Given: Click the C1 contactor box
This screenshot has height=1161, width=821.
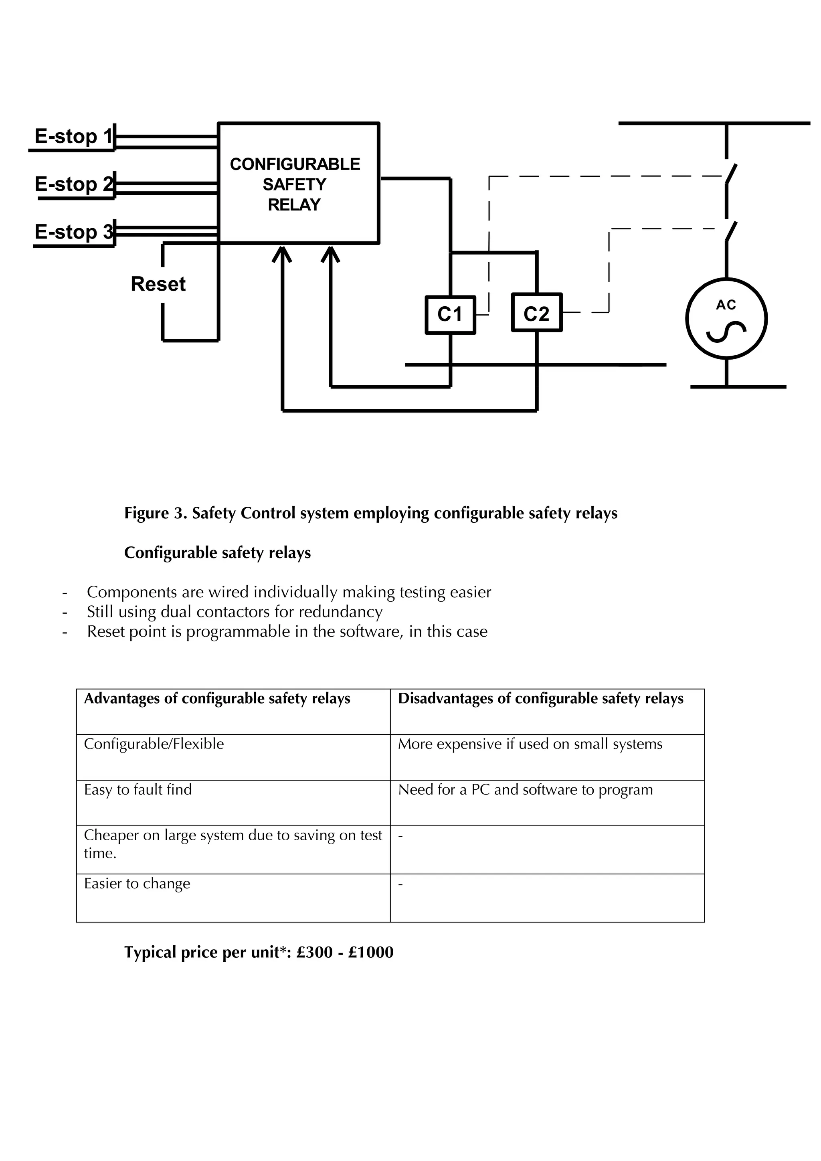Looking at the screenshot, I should (x=450, y=315).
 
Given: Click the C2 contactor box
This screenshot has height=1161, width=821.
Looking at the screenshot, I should (x=536, y=313).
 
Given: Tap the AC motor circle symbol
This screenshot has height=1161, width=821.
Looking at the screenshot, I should (x=726, y=319).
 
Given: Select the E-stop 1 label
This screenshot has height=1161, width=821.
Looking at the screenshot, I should (x=73, y=136).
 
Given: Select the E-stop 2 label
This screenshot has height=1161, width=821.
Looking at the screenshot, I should (x=73, y=184).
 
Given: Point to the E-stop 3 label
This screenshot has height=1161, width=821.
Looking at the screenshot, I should (x=73, y=232).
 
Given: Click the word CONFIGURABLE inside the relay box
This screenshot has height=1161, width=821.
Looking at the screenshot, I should (x=295, y=164).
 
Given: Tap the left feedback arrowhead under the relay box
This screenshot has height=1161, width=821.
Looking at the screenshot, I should (x=282, y=253).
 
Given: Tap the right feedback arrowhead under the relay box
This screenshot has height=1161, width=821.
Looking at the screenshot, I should (x=331, y=253).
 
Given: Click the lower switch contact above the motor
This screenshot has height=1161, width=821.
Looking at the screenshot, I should (x=732, y=231).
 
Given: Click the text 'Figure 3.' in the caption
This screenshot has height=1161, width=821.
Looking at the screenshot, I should (x=156, y=513).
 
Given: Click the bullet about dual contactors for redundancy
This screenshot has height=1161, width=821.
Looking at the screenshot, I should (x=235, y=611).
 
